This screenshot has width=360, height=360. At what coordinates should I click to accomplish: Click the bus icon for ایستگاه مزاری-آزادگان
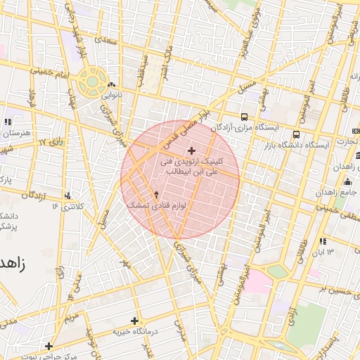point(244,117)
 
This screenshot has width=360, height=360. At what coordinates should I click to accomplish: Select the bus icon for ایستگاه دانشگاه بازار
point(296,134)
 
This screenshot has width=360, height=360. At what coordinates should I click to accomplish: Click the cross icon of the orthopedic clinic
point(191,150)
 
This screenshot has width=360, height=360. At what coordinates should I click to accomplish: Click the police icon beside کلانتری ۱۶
point(68,195)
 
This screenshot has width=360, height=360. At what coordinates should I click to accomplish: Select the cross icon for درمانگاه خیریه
point(134,321)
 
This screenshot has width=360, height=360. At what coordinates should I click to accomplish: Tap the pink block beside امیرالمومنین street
point(257,283)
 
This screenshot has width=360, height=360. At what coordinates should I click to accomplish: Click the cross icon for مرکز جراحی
point(49,345)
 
